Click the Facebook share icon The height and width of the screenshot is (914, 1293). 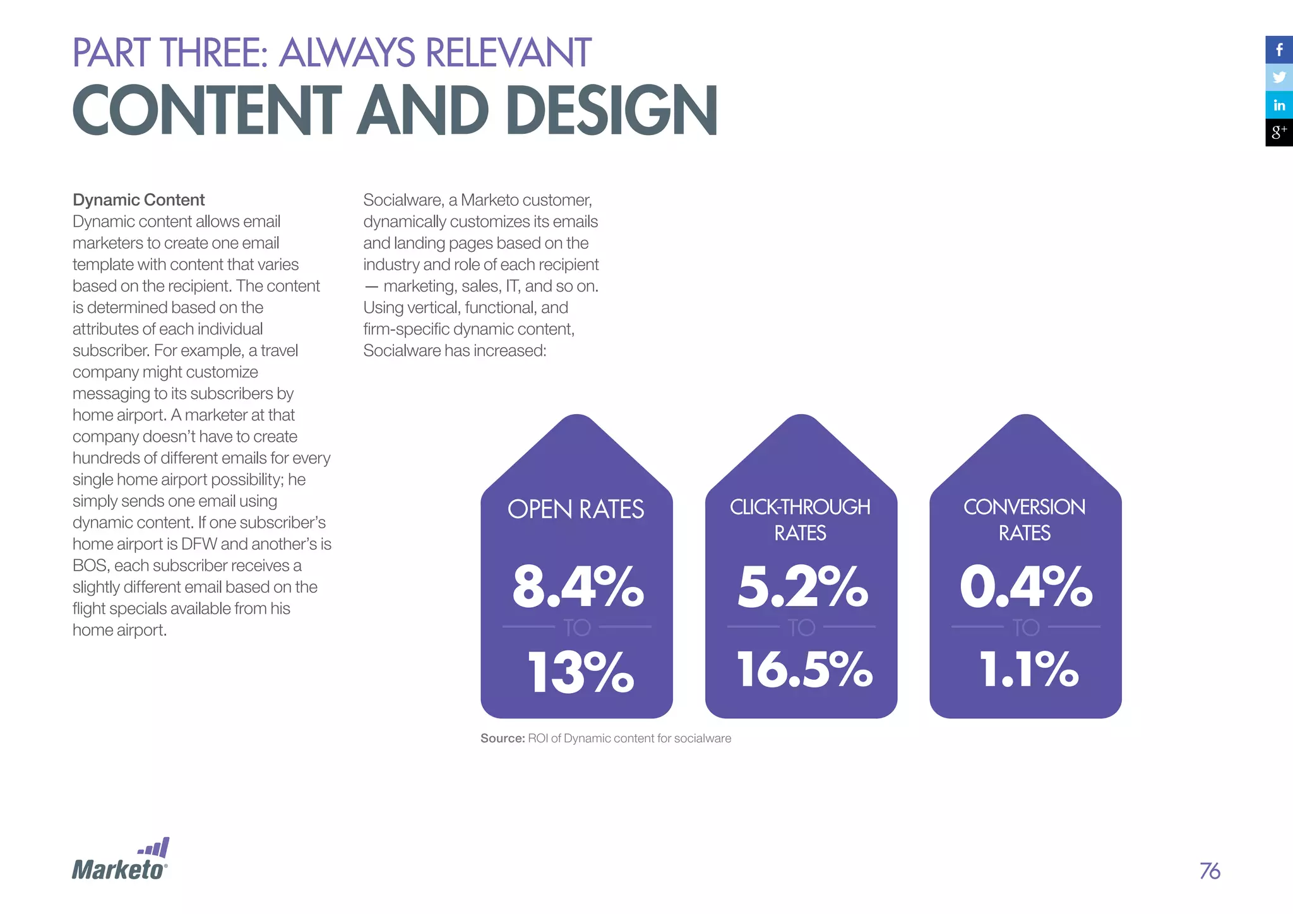pos(1279,50)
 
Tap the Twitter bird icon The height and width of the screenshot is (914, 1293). pos(1279,78)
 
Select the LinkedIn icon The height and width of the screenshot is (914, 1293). pos(1279,105)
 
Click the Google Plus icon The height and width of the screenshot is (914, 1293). pos(1279,133)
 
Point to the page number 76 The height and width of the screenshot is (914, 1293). pos(1210,871)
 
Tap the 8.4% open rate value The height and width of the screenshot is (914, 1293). pos(578,587)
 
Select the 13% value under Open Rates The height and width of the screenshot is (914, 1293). pos(580,672)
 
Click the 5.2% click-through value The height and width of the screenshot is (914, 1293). pos(802,587)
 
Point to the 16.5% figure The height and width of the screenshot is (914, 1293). pos(804,670)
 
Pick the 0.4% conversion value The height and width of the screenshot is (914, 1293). pos(1026,587)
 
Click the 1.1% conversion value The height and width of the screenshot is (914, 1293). pos(1028,670)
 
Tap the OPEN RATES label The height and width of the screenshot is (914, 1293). pos(576,509)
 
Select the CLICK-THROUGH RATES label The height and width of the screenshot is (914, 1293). pos(801,519)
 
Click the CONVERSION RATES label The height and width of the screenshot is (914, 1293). pos(1025,519)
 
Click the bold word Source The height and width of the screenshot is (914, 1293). pos(503,739)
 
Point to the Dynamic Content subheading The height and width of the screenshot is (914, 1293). pos(138,200)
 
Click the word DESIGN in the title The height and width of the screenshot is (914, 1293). pos(611,111)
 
